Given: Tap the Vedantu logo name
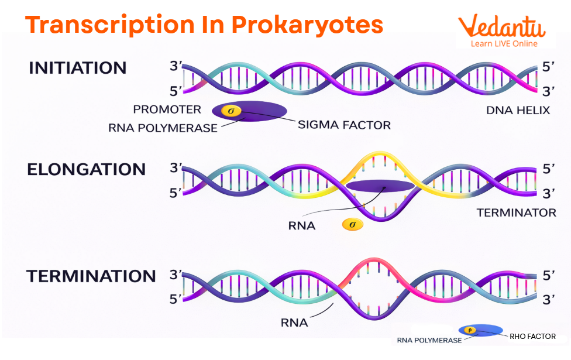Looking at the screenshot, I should click(x=501, y=27).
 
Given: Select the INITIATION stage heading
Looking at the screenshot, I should click(x=77, y=68).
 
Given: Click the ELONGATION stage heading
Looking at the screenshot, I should click(x=86, y=170).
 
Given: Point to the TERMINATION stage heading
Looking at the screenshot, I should click(x=91, y=276).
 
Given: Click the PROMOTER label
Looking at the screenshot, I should click(x=167, y=109).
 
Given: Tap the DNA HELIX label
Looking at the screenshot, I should click(x=518, y=111).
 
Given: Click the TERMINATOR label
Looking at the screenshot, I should click(x=517, y=212).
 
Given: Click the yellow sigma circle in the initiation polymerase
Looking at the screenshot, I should click(x=231, y=110).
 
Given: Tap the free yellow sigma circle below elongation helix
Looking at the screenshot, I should click(x=352, y=224).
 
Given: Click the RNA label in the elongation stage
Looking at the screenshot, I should click(x=301, y=225).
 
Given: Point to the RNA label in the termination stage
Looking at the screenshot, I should click(x=294, y=322).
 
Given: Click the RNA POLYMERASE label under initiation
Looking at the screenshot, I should click(x=163, y=128).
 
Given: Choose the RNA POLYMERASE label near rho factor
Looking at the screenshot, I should click(x=429, y=340).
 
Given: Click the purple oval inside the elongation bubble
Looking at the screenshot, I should click(x=380, y=187).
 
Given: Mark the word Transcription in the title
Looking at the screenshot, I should click(x=109, y=25).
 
